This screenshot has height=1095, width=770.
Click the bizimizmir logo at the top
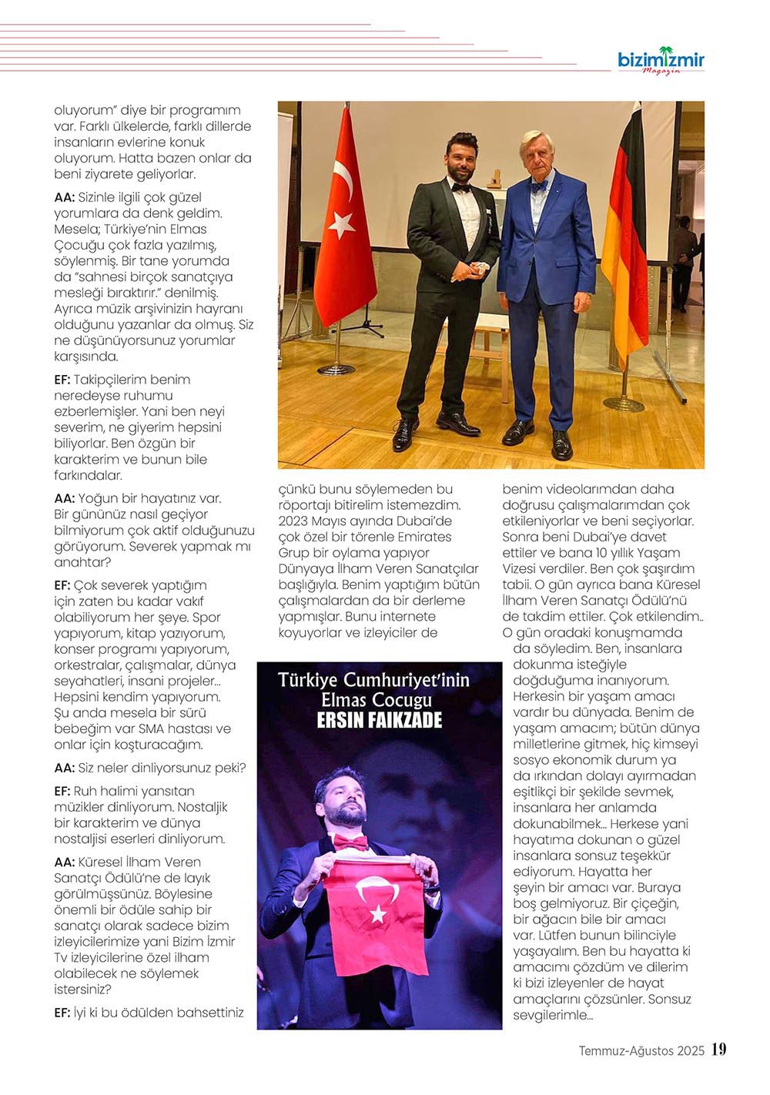click(661, 60)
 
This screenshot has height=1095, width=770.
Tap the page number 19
click(719, 1050)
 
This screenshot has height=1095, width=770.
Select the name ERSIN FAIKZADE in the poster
click(380, 719)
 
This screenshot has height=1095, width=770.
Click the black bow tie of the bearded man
click(460, 188)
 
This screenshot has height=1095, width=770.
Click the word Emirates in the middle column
click(425, 537)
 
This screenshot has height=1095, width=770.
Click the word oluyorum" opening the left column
click(84, 110)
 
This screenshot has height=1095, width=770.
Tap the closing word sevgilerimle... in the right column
click(552, 1015)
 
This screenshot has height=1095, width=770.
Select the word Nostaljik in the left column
click(203, 807)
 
